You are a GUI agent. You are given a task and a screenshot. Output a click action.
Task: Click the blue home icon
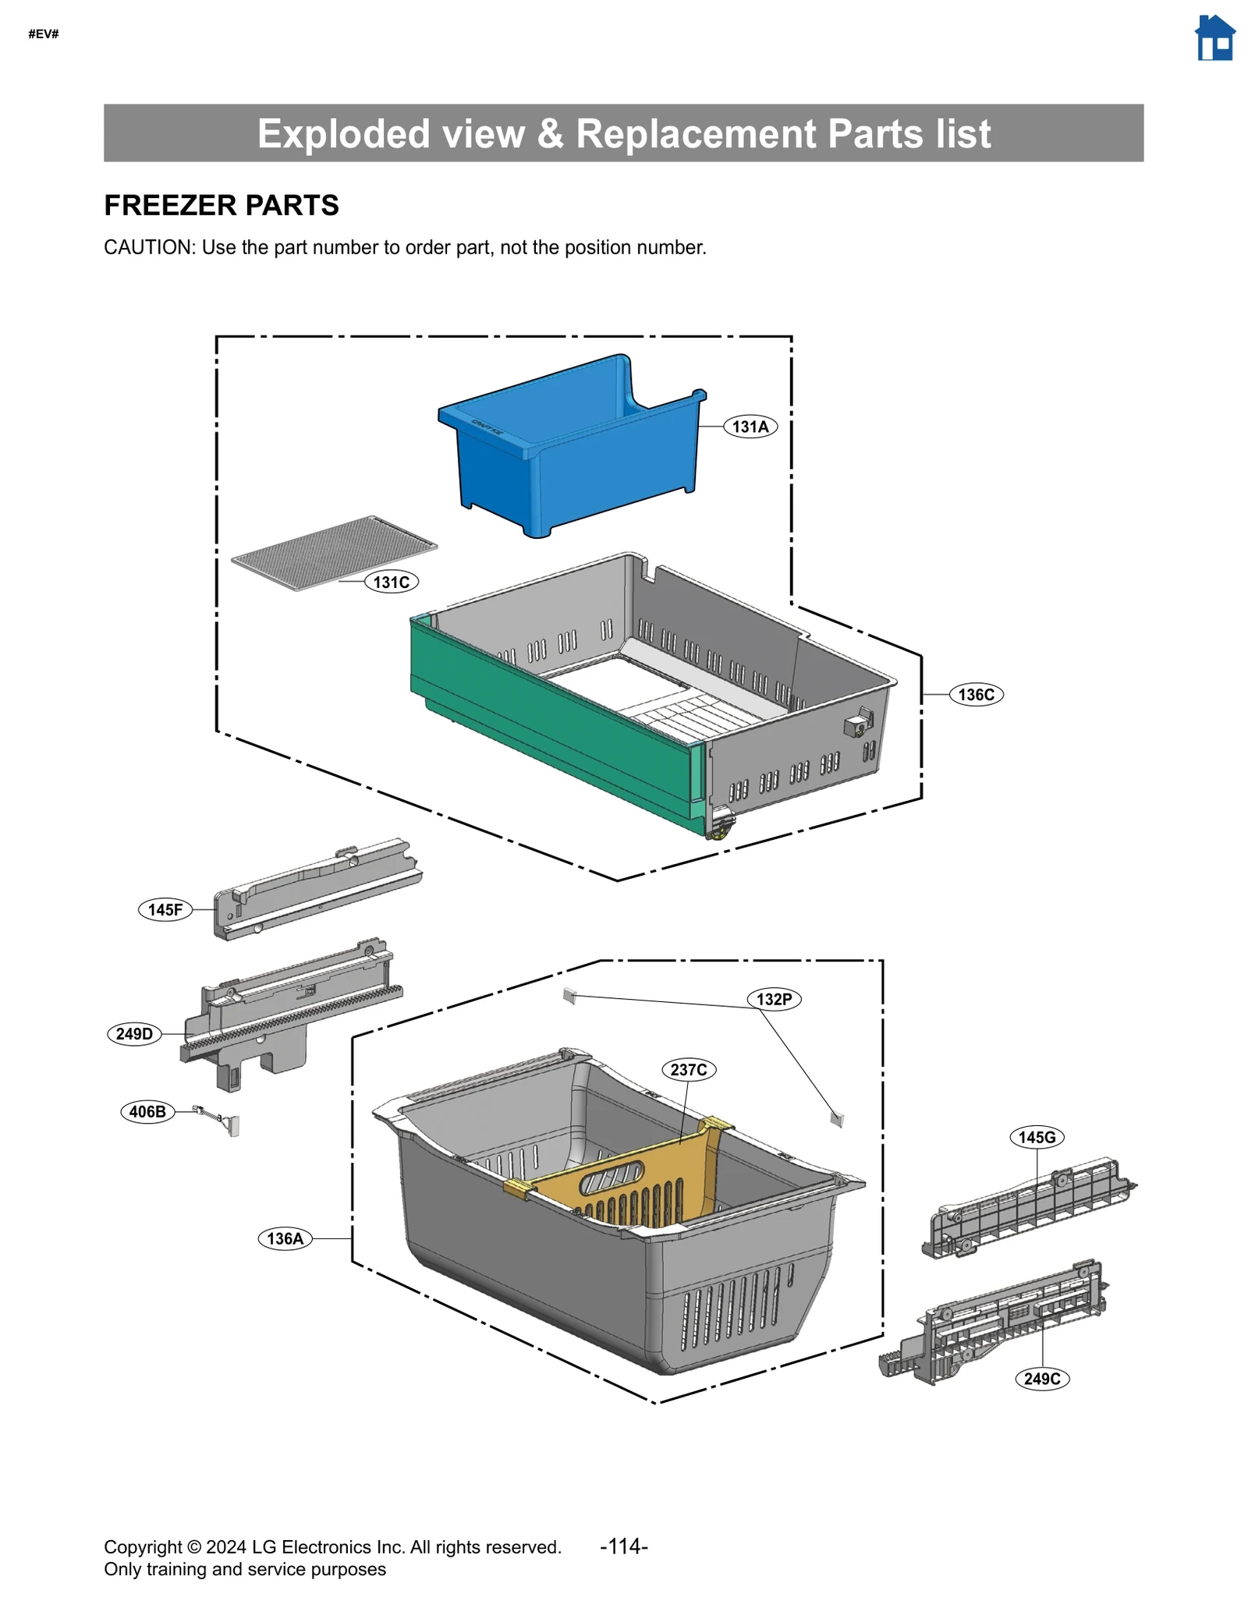tap(1214, 38)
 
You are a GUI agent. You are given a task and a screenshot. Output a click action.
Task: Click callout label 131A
tap(750, 427)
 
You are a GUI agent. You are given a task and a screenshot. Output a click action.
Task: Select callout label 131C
tap(391, 582)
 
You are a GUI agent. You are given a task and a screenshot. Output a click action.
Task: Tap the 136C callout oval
tap(975, 694)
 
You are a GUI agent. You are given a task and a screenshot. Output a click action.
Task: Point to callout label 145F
tap(165, 909)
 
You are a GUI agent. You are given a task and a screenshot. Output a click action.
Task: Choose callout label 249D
tap(134, 1034)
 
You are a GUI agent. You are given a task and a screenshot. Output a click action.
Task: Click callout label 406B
tap(147, 1111)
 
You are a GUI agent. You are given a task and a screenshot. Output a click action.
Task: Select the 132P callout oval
tap(774, 999)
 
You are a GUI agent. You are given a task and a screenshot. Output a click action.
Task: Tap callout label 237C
tap(688, 1069)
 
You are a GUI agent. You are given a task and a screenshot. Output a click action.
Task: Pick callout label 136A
tap(285, 1238)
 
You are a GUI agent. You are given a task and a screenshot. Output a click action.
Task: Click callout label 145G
tap(1037, 1137)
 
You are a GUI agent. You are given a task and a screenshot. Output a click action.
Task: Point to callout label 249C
tap(1041, 1379)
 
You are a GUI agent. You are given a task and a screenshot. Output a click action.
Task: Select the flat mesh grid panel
tap(334, 552)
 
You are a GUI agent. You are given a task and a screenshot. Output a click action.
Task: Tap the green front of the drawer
tap(546, 733)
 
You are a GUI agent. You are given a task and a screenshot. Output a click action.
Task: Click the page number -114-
tap(623, 1546)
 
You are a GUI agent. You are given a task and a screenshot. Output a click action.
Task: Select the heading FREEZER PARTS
tap(221, 205)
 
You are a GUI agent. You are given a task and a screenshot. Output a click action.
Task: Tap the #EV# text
tap(44, 34)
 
